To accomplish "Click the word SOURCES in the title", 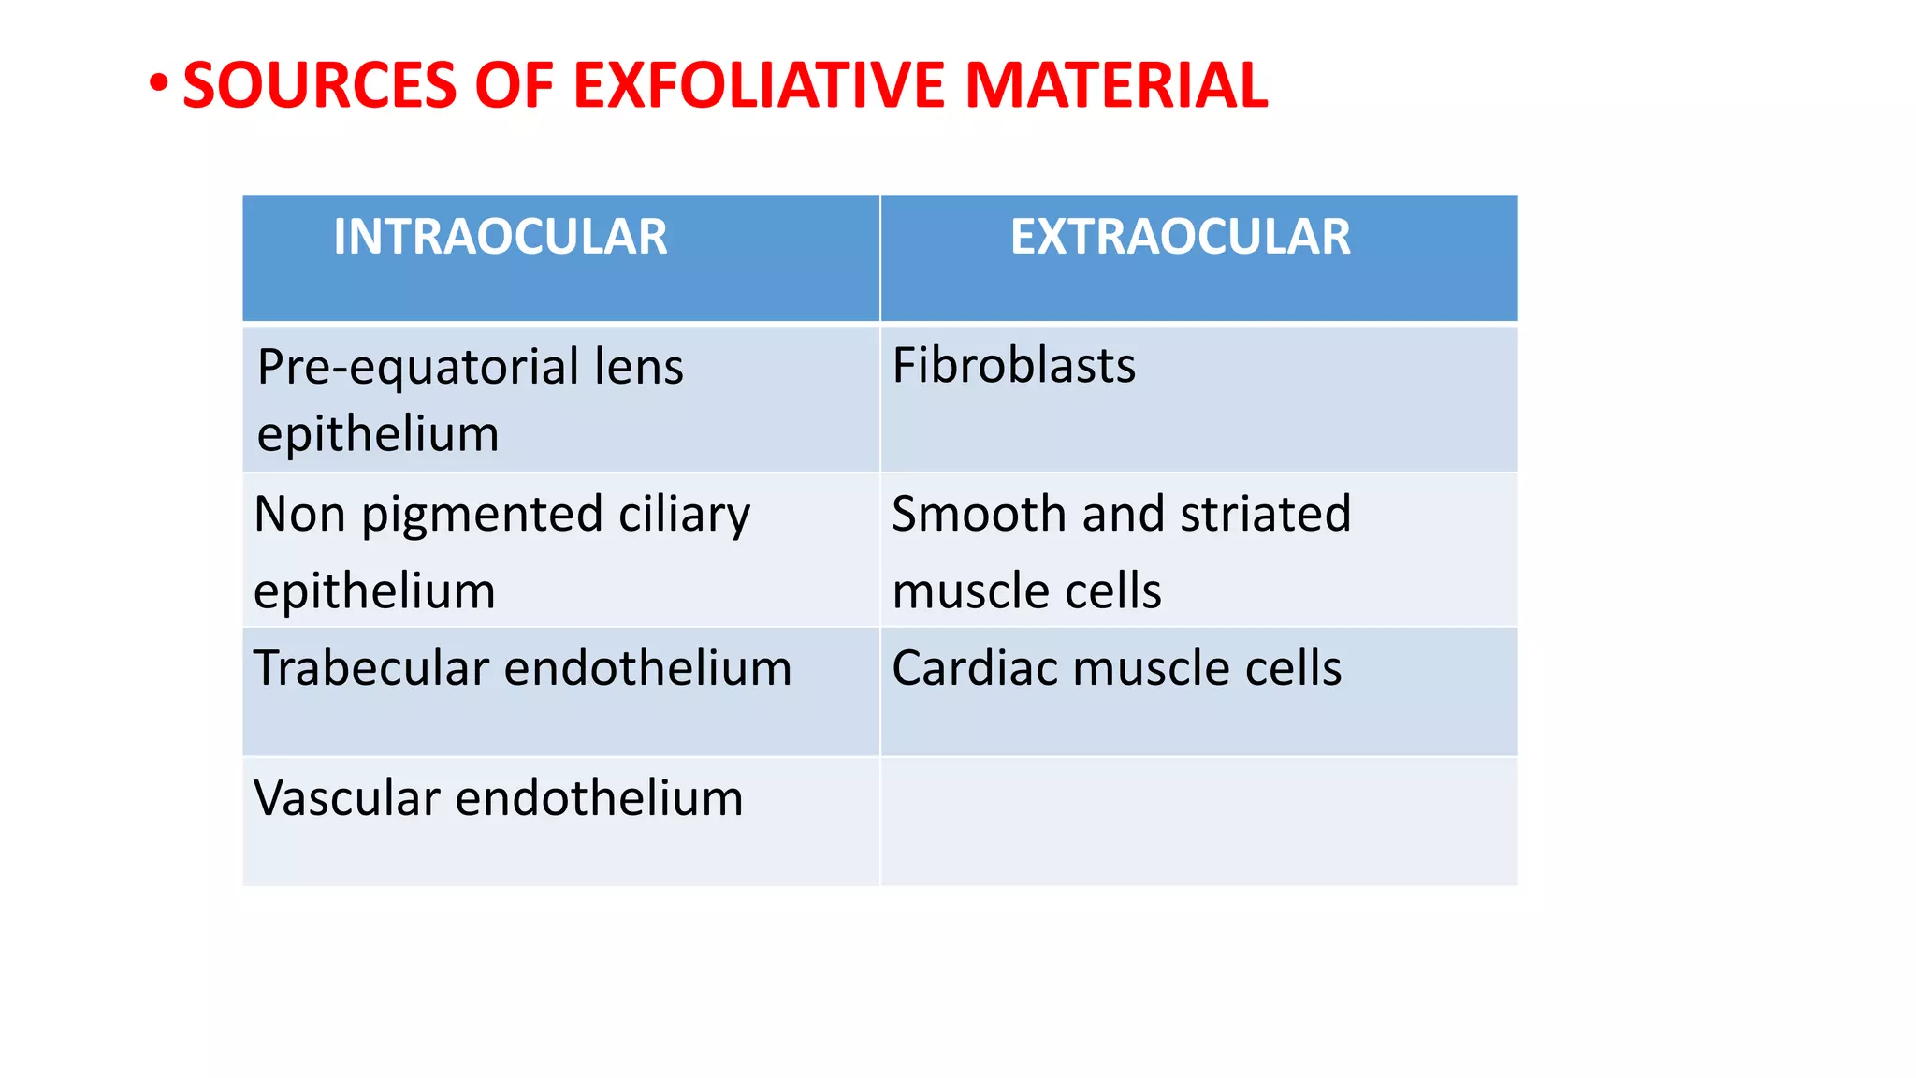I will coord(319,85).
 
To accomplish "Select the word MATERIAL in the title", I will coord(1115,85).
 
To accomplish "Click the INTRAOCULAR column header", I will coord(501,237).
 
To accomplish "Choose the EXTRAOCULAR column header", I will coord(1180,237).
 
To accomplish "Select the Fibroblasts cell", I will coord(1014,365).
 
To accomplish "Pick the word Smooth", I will coord(979,514).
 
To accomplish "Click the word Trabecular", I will coord(371,668).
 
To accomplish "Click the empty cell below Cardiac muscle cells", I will coord(1198,821).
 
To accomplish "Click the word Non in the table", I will coord(299,515).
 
